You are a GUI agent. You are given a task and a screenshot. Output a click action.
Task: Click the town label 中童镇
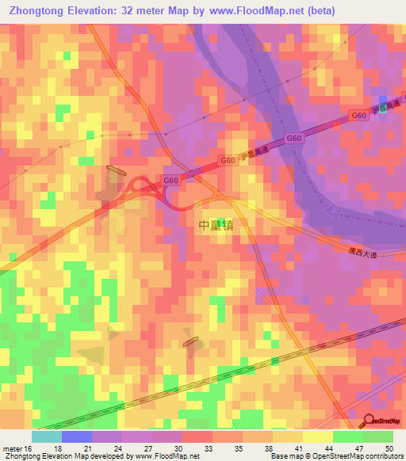tap(216, 225)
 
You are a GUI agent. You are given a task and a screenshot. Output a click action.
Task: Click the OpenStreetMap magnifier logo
tap(370, 422)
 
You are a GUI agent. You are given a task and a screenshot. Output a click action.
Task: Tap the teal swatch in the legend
tap(47, 436)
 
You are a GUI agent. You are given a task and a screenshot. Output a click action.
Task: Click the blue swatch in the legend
tap(77, 436)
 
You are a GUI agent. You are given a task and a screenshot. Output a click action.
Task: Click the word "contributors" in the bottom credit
tap(384, 456)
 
